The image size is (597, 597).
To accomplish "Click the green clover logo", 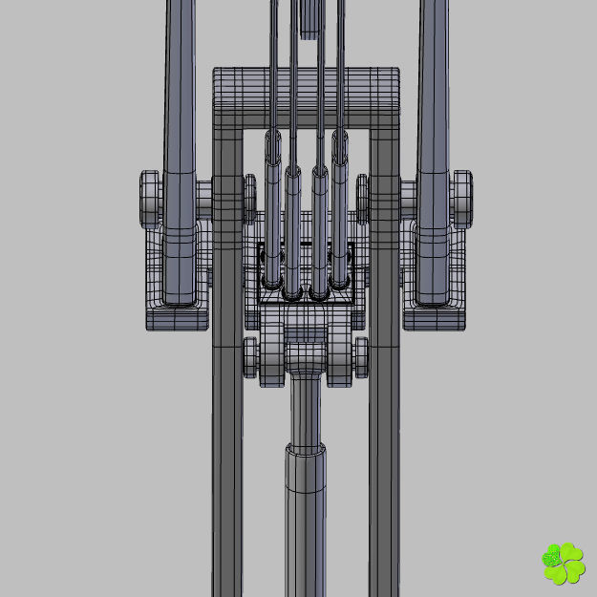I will click(x=563, y=564).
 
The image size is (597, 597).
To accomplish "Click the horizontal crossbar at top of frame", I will click(x=306, y=96).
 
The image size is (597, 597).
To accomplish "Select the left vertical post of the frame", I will click(x=227, y=430).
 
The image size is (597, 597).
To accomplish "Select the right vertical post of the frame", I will click(x=384, y=430).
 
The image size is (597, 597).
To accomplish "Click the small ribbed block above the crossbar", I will click(x=310, y=17).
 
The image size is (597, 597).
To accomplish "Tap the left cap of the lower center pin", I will click(x=251, y=356).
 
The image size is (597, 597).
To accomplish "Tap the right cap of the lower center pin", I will click(x=360, y=356).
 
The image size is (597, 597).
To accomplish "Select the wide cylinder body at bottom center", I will click(x=306, y=525).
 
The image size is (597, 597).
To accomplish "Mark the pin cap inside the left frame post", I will click(x=250, y=196).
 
